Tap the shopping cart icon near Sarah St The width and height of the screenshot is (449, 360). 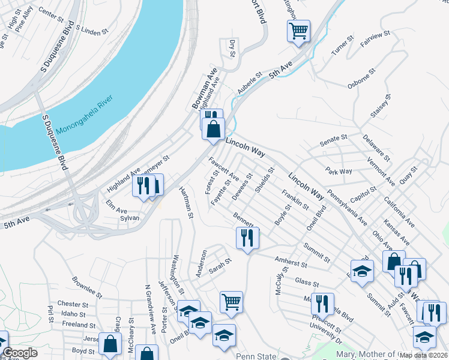(231, 302)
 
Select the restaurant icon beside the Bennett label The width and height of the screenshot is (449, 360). (247, 237)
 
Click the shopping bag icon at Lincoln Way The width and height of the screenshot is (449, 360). (213, 129)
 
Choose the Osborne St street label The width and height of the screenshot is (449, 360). (362, 78)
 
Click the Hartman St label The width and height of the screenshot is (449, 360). (186, 202)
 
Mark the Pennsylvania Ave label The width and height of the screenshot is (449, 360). (347, 208)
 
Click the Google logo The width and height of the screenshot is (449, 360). (20, 353)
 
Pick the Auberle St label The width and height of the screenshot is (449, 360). (249, 83)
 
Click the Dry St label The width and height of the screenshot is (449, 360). (232, 49)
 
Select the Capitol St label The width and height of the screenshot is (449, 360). (364, 193)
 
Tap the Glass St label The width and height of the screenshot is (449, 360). (306, 282)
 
